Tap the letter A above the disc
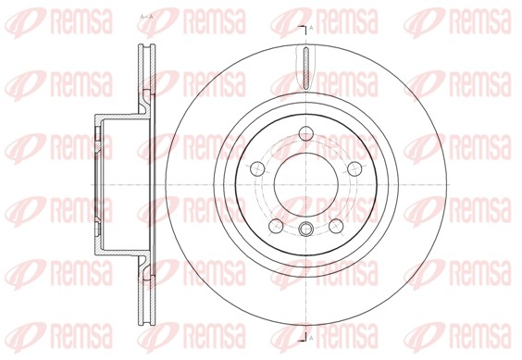tap(310, 30)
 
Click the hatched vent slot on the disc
tap(305, 68)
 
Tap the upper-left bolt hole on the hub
tap(256, 168)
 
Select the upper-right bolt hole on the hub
tap(354, 168)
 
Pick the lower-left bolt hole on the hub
tap(273, 225)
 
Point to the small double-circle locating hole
tap(305, 229)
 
